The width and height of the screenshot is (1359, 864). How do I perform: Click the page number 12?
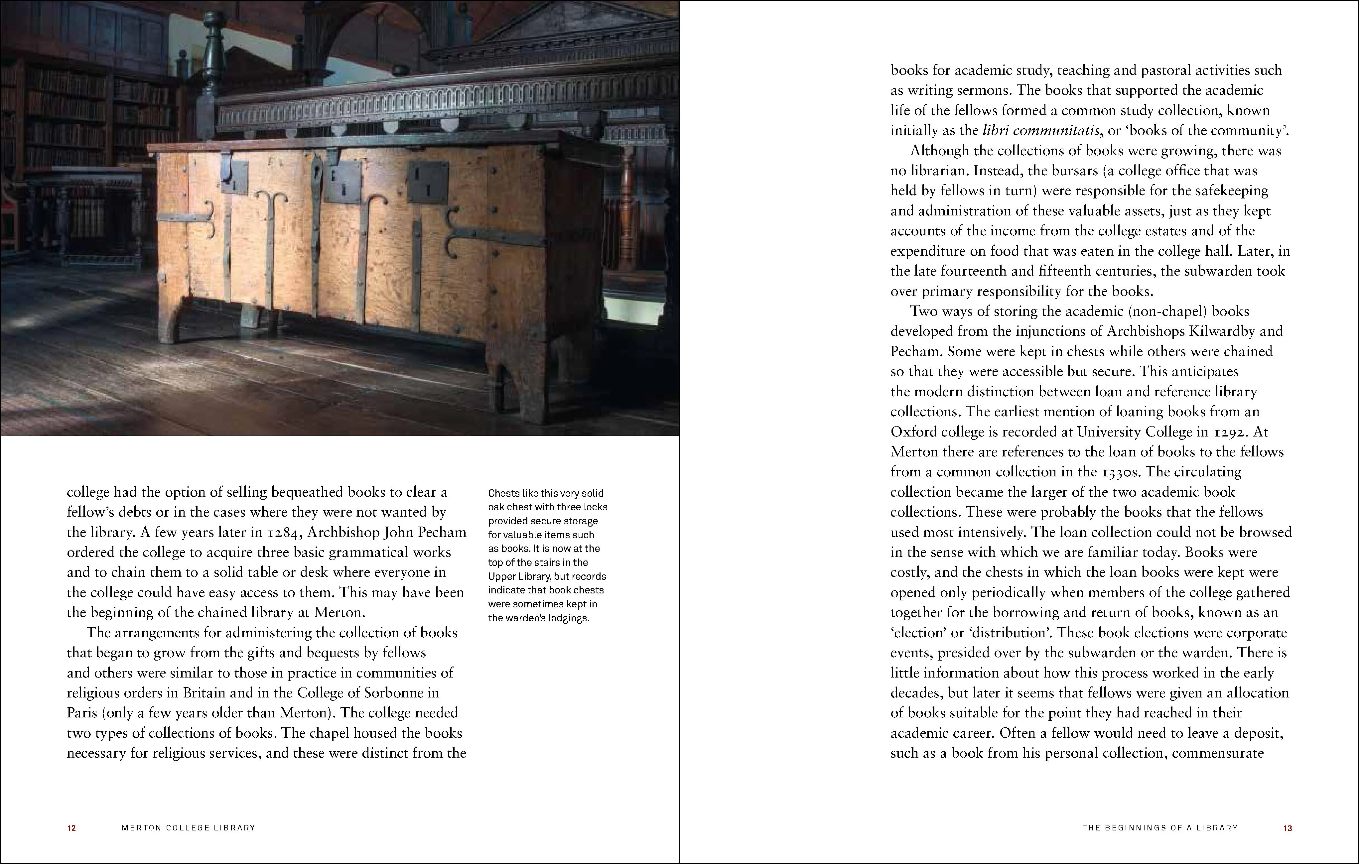[72, 828]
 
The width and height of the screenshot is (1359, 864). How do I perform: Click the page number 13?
[1287, 828]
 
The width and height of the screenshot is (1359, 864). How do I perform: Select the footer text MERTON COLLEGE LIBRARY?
[189, 828]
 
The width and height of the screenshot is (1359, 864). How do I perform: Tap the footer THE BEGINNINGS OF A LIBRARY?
[1160, 828]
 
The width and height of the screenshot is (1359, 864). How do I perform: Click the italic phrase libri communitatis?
[1041, 130]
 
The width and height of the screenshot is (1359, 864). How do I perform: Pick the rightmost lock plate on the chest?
[428, 182]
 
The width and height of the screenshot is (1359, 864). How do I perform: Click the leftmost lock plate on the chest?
[234, 177]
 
